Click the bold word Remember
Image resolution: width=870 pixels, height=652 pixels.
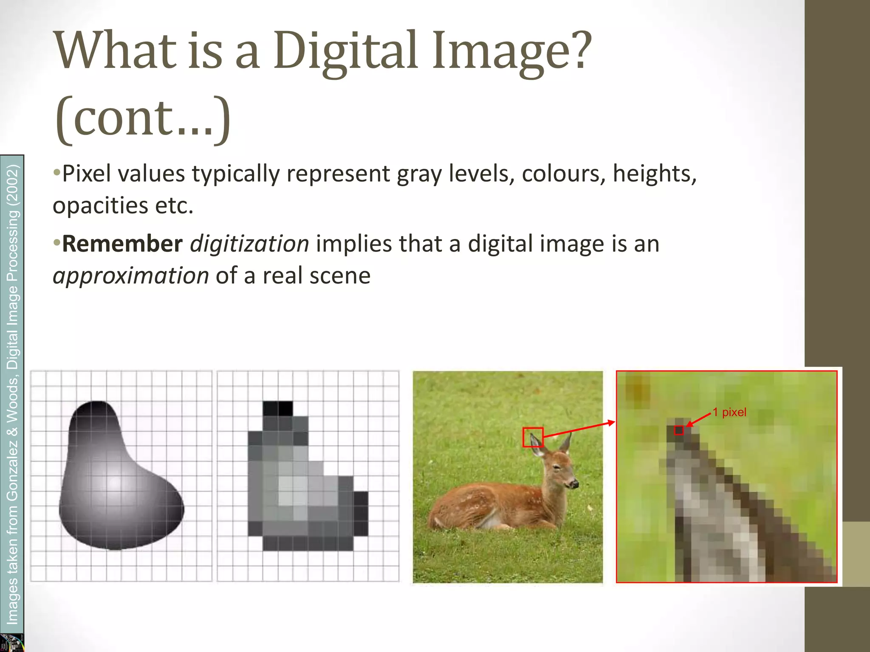[122, 244]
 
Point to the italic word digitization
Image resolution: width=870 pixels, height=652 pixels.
[249, 244]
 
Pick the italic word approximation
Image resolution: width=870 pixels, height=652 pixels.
[131, 276]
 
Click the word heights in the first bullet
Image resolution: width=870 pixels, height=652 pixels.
[654, 174]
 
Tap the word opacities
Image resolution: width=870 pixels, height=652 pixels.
[100, 206]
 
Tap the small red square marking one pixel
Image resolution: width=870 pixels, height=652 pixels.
[679, 430]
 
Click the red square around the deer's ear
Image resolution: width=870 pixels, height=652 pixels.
[533, 437]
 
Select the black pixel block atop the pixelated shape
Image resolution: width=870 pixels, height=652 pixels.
[278, 408]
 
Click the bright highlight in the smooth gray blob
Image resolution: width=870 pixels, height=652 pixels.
[114, 482]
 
